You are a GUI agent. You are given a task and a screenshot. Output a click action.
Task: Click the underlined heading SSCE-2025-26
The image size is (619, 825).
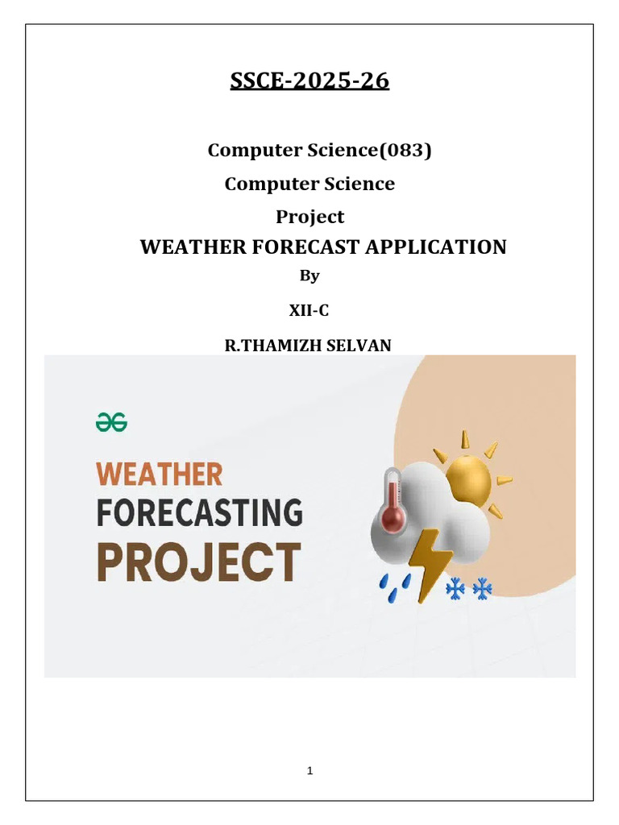tap(309, 81)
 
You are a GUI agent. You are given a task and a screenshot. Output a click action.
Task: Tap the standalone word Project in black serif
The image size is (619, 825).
tap(310, 217)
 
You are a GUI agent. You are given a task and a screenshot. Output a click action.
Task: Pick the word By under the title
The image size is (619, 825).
tap(309, 276)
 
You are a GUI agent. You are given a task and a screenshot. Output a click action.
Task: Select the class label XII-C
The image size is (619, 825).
tap(309, 310)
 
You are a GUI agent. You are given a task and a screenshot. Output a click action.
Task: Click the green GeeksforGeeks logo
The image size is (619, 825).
tap(111, 422)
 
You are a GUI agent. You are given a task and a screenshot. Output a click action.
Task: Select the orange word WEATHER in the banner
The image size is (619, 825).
tap(160, 474)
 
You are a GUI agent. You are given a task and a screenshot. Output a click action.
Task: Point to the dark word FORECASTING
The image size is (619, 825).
tap(200, 512)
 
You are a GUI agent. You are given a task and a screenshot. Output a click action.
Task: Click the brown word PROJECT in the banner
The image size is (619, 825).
tap(199, 562)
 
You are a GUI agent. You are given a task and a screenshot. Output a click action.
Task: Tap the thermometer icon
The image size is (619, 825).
tap(393, 500)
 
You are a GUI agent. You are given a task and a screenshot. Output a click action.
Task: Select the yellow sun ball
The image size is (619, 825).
tap(468, 479)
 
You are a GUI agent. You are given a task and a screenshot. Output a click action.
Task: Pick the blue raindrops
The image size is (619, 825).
tap(395, 587)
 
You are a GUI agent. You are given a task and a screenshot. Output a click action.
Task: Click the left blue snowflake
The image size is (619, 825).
tap(455, 589)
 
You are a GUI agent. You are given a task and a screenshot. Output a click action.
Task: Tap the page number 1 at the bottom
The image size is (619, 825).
tap(310, 771)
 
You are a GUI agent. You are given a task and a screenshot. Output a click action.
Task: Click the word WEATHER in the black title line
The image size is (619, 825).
tap(193, 247)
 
